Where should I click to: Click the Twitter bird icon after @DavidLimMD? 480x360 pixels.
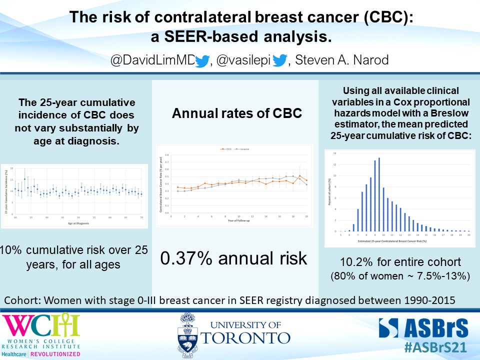click(x=201, y=61)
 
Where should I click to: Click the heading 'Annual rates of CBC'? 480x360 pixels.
click(x=236, y=113)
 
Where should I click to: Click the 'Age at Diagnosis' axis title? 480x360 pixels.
click(x=79, y=223)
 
